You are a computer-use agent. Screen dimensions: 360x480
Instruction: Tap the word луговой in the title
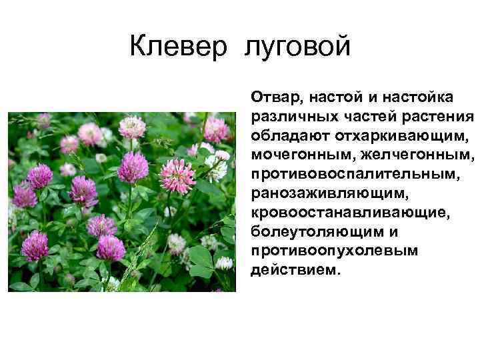(x=297, y=48)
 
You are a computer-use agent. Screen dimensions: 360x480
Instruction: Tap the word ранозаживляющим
(x=327, y=193)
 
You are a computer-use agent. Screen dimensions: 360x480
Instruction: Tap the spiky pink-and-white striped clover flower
(x=178, y=175)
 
